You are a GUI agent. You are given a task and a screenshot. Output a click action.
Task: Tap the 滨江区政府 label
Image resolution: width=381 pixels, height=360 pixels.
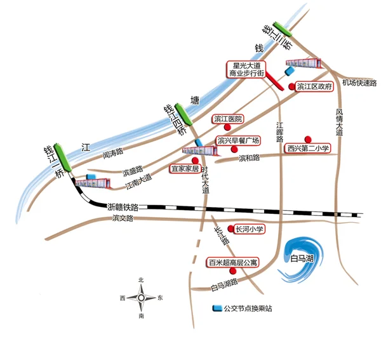315,87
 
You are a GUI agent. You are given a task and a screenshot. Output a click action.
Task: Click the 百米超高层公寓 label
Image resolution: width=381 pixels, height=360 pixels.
232,262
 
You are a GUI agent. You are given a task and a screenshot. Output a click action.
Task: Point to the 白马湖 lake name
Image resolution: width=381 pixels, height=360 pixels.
302,259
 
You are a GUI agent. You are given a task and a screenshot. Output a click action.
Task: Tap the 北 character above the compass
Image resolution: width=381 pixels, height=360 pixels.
141,280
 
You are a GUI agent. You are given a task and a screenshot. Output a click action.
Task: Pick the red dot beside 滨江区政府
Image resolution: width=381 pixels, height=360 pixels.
291,87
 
